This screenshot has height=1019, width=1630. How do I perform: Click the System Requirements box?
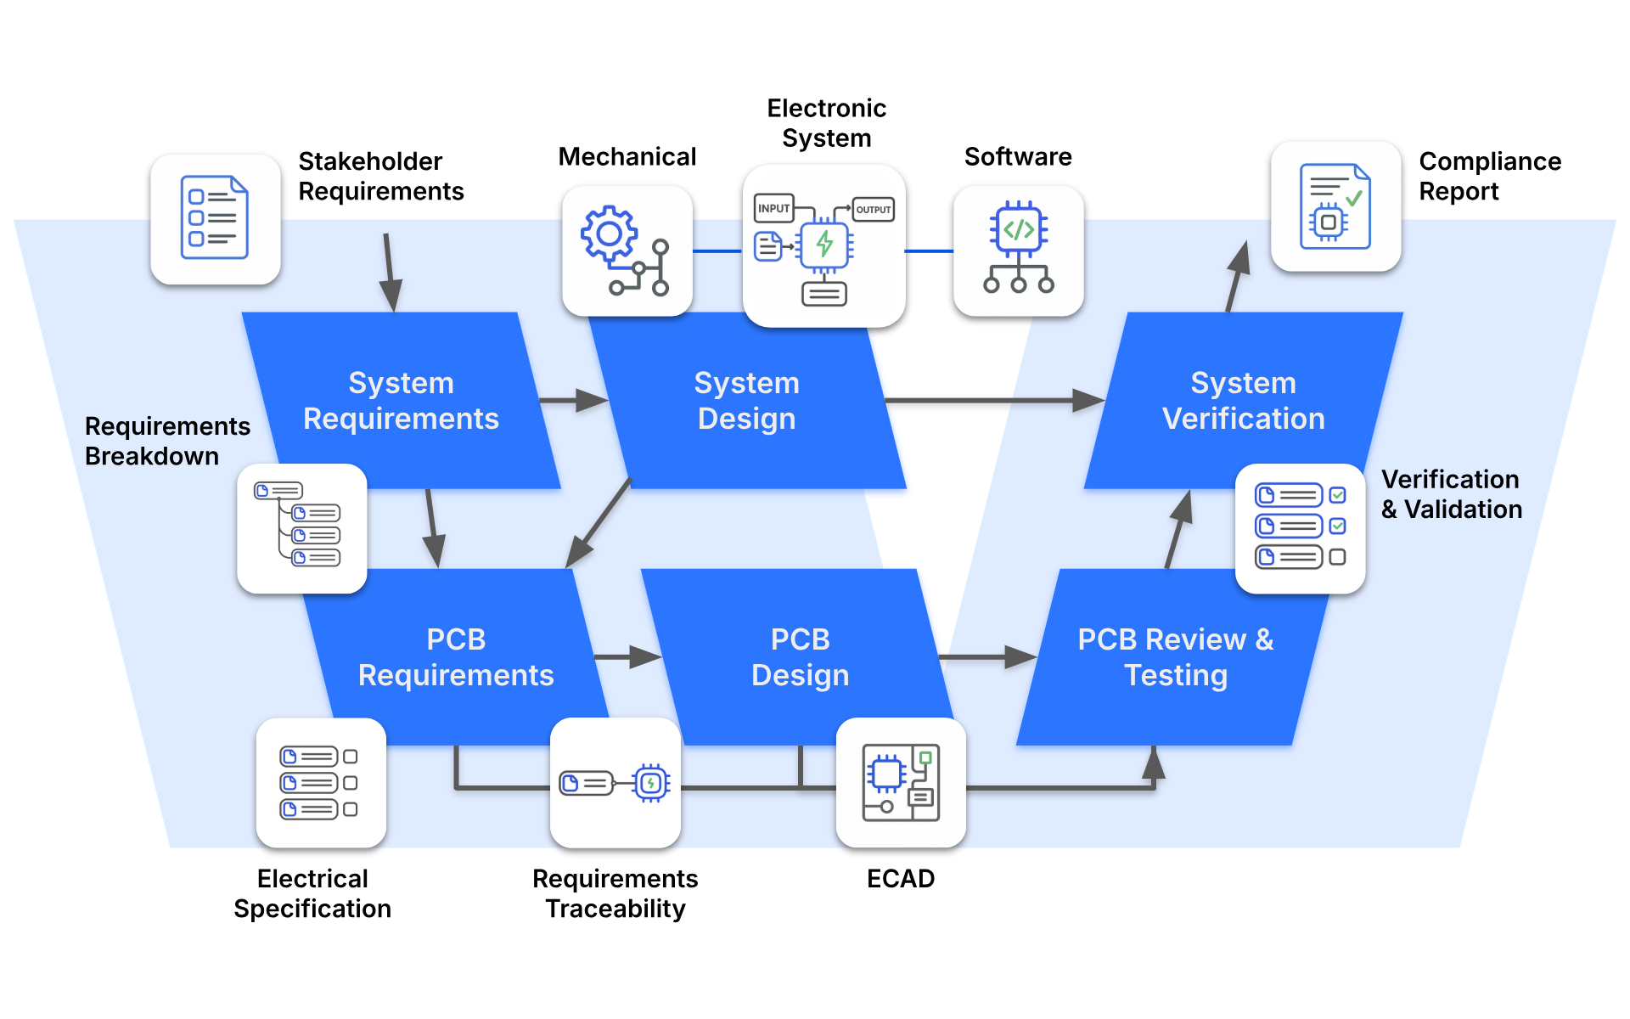click(401, 401)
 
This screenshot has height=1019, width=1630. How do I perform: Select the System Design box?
click(747, 401)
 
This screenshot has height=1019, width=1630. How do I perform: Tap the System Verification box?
click(1243, 401)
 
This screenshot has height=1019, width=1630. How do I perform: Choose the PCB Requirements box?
click(456, 657)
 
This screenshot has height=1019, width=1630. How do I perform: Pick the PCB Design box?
click(800, 657)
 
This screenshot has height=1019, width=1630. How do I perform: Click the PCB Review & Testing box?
click(1175, 657)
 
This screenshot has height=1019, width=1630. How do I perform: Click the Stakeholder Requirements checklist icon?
click(215, 218)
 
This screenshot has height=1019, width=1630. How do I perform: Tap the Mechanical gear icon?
click(627, 251)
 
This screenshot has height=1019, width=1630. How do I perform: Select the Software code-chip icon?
click(1018, 251)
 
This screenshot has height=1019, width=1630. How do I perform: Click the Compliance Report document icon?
click(1335, 206)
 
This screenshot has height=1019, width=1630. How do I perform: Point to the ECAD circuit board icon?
click(901, 782)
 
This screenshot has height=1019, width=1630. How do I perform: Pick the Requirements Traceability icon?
click(615, 782)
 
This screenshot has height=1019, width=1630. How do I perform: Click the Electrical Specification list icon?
click(320, 782)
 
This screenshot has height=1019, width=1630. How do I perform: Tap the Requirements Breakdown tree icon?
click(301, 527)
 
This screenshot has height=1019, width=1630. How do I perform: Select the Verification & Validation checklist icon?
click(1300, 527)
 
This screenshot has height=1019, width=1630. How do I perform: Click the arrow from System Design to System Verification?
click(993, 400)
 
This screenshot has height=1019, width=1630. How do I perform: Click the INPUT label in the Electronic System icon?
click(773, 208)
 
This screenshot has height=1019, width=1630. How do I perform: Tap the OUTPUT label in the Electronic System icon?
click(874, 209)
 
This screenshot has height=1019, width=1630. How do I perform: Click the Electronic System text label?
click(826, 123)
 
